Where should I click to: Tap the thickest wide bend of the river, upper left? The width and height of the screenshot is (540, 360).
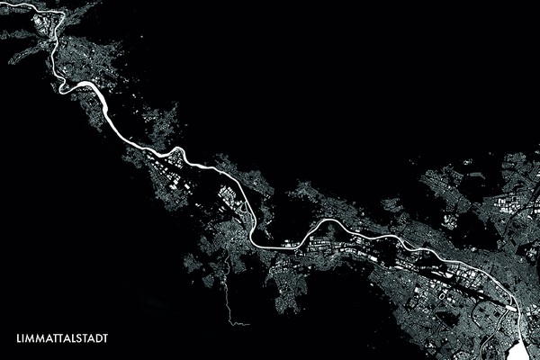pos(90,88)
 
